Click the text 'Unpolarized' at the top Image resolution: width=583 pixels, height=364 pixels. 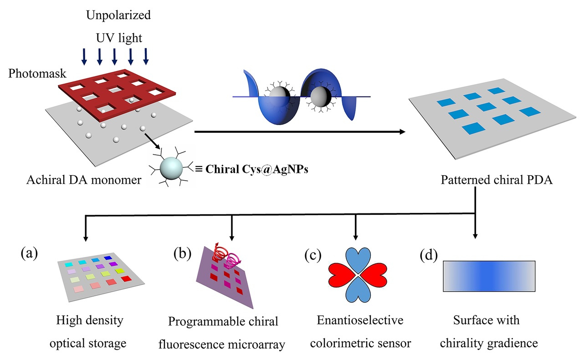[x=118, y=15]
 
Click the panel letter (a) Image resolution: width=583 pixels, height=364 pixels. [x=28, y=253]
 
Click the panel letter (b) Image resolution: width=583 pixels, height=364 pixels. [x=182, y=253]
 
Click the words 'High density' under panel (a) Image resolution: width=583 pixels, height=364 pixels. [x=90, y=320]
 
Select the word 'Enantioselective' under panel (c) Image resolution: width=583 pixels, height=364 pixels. [x=360, y=320]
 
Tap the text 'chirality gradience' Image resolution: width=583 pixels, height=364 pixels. [x=486, y=342]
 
